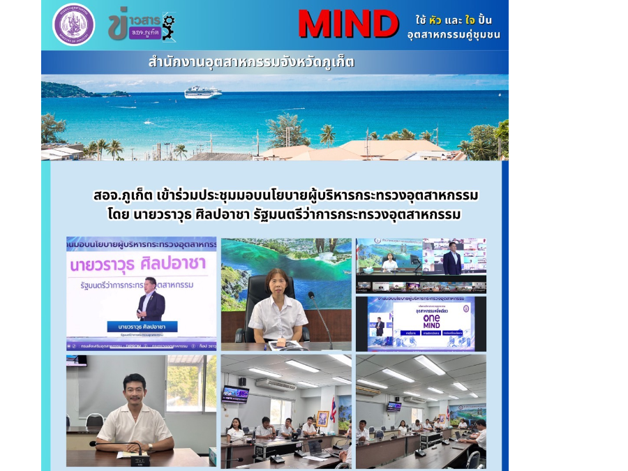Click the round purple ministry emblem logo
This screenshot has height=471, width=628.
(x=73, y=24)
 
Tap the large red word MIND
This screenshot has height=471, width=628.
(x=347, y=24)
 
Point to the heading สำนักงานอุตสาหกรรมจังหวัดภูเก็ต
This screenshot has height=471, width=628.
(x=251, y=62)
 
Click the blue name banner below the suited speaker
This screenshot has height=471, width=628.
(x=142, y=327)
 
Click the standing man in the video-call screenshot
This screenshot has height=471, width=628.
(x=451, y=260)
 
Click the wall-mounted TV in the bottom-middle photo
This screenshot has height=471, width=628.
(x=236, y=394)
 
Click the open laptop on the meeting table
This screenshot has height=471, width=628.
(x=319, y=449)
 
